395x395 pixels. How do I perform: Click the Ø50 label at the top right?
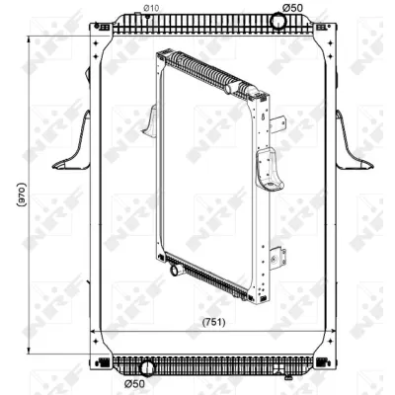292,8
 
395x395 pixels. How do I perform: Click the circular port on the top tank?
279,24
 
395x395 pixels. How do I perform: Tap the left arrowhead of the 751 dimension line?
93,330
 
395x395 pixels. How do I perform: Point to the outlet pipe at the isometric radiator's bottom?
174,268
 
